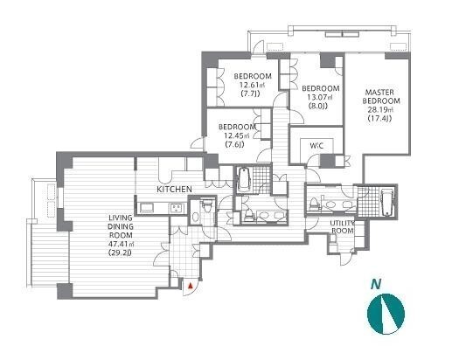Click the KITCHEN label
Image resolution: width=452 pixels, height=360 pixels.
tap(174, 190)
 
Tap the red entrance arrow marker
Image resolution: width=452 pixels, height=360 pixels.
tap(191, 286)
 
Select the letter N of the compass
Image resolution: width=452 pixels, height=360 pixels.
tap(376, 284)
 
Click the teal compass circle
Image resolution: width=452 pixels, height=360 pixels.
tap(386, 314)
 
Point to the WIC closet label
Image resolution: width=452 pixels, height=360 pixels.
tap(316, 146)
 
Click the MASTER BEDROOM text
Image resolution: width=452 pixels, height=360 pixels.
tap(381, 97)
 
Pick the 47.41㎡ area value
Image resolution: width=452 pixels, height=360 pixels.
tap(122, 244)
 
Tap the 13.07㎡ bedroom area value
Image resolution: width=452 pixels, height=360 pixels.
tap(320, 97)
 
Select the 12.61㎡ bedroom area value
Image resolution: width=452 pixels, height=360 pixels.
tap(253, 85)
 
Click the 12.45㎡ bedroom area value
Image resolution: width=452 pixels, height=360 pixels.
tap(237, 135)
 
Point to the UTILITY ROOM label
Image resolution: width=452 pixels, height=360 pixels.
tap(342, 227)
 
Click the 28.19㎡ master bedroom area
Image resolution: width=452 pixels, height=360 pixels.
tap(380, 110)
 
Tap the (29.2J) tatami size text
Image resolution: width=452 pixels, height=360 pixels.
tap(120, 253)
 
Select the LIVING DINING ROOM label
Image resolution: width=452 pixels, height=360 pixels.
tap(121, 226)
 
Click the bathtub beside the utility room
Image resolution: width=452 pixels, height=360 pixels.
tap(387, 202)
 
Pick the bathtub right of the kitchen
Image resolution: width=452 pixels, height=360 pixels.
tap(244, 179)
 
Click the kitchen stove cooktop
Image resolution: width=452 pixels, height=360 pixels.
tap(177, 208)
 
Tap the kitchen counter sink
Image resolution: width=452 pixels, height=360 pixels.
tap(146, 208)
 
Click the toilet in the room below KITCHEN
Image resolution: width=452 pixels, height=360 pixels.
tap(207, 205)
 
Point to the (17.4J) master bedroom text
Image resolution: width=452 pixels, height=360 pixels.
tap(379, 119)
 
